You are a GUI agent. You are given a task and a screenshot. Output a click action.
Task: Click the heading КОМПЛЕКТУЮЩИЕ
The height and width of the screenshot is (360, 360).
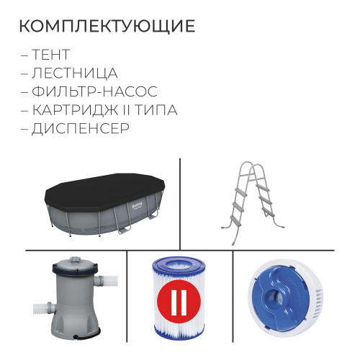(106, 27)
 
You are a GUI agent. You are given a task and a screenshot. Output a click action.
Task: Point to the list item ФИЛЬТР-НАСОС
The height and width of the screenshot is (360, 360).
(94, 92)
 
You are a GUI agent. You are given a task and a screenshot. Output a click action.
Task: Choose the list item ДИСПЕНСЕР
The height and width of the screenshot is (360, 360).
(81, 130)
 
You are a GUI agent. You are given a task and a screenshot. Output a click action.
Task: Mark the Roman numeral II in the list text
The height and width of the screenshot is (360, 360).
(124, 111)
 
